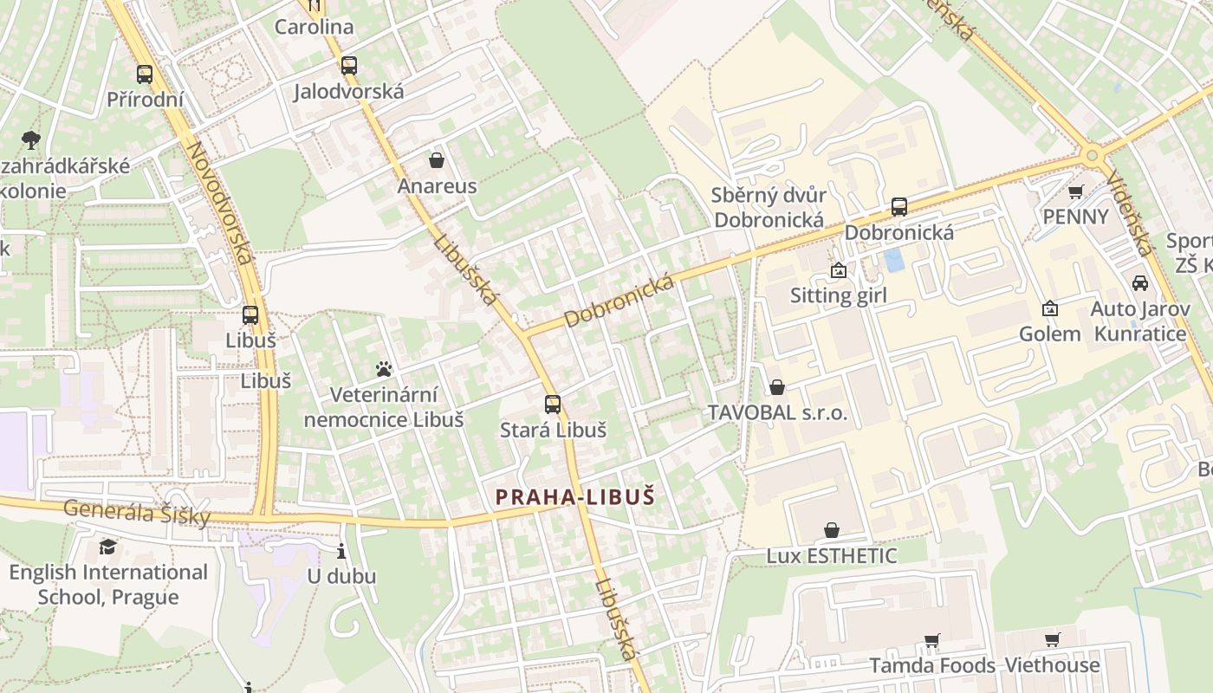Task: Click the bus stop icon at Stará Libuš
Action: tap(552, 405)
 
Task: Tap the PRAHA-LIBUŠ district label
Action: tap(574, 497)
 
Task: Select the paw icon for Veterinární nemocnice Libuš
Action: tap(384, 370)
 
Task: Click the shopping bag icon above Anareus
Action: tap(437, 160)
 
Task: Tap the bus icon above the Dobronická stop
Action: tap(899, 207)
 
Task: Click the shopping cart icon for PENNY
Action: tap(1075, 191)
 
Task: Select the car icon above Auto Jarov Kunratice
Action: tap(1139, 283)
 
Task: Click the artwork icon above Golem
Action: tap(1049, 308)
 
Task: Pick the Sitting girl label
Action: tap(838, 295)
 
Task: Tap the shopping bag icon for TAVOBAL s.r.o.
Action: tap(777, 387)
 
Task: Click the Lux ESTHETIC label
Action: tap(831, 556)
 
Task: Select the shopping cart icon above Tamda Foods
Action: tap(931, 641)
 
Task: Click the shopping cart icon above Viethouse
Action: tap(1052, 640)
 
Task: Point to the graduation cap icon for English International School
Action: tap(107, 547)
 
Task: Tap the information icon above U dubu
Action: tap(341, 551)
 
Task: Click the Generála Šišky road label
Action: tap(137, 512)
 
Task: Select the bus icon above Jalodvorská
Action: tap(348, 66)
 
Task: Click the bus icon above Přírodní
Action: tap(145, 74)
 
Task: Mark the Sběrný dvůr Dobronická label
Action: tap(769, 207)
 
